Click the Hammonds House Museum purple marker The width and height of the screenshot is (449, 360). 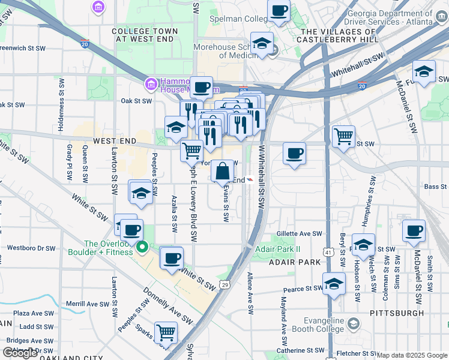coord(151,83)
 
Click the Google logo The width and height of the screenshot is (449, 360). coord(20,353)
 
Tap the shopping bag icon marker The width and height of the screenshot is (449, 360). coord(222,171)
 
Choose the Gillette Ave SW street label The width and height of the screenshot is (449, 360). coord(300,234)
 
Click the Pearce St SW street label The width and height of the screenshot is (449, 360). coord(303,289)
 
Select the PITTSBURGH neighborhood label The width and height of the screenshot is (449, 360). coord(397,313)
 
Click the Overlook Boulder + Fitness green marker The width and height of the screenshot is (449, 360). coord(142,247)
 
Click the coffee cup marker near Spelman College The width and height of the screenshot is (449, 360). coord(279,11)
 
